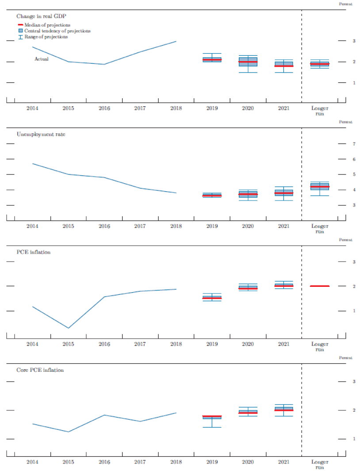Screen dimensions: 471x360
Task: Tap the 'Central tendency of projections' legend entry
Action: click(57, 31)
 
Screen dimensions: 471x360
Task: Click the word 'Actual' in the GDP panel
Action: click(41, 59)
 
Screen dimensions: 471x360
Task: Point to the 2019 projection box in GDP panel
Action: click(212, 59)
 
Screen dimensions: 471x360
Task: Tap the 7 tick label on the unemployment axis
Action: click(353, 144)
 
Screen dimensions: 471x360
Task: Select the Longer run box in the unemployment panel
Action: click(320, 186)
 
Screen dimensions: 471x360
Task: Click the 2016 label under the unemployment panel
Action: click(104, 226)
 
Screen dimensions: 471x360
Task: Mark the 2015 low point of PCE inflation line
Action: click(68, 328)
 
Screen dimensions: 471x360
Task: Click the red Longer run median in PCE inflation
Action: click(320, 286)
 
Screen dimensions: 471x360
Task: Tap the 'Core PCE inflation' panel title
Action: click(40, 370)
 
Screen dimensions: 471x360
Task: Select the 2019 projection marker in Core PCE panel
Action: click(212, 417)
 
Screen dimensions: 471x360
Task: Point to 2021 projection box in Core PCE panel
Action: click(283, 409)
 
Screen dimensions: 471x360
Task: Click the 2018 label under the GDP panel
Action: click(176, 108)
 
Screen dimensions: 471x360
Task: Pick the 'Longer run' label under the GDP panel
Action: click(320, 110)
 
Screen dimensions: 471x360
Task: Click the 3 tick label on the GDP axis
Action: click(353, 41)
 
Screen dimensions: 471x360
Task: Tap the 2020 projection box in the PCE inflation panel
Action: click(248, 288)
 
